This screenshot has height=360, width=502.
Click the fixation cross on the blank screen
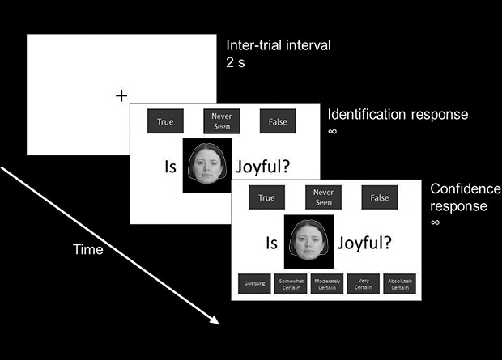coord(121,96)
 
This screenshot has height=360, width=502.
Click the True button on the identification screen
coord(164,121)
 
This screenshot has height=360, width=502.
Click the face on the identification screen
coord(206,165)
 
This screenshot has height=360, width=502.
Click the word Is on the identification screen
coord(170,167)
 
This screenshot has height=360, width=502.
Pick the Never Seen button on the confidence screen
coord(323,197)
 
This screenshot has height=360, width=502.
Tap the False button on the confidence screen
coord(380,197)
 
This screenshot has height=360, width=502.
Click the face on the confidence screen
coord(308,241)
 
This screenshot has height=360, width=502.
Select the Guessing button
coord(253,283)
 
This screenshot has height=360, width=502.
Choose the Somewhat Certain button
coord(291,283)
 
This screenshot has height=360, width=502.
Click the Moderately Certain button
coord(327,283)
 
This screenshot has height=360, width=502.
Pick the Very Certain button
coord(364,283)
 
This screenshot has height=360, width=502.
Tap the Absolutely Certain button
coord(400,283)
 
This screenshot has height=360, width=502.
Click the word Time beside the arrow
coord(87,249)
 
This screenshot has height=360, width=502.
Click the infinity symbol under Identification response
coord(332,131)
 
